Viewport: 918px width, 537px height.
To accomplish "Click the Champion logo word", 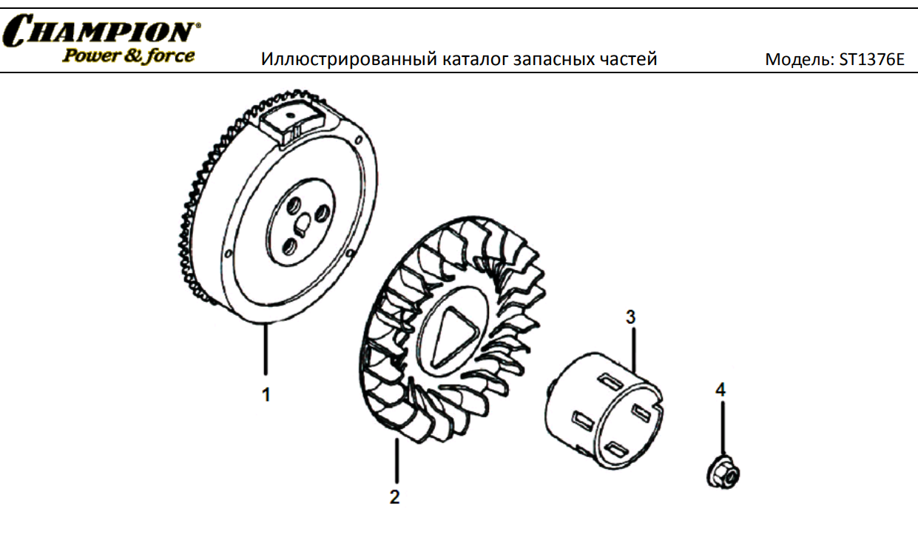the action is [101, 30].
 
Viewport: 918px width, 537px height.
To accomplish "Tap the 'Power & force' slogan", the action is [128, 56].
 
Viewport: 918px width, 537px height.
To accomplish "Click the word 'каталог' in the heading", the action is [475, 59].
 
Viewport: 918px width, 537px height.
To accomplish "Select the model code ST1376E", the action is [871, 59].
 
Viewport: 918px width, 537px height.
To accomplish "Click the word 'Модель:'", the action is [800, 60].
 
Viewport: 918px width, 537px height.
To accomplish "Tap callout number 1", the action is [266, 395].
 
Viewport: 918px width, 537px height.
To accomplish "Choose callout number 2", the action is [394, 497].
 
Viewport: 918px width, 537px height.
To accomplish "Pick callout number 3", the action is [631, 317].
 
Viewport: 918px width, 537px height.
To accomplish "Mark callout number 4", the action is [720, 389].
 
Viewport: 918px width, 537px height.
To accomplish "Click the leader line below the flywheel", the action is [266, 349].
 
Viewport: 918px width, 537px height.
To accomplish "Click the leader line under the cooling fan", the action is [396, 460].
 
